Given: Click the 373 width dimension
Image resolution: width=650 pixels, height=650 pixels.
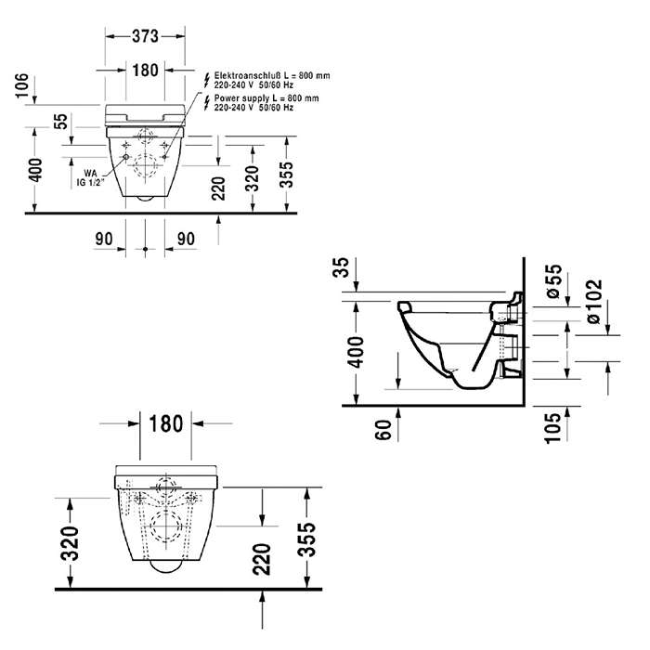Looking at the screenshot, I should coord(145,36).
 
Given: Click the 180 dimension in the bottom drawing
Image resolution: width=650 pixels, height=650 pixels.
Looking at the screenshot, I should coord(165,424).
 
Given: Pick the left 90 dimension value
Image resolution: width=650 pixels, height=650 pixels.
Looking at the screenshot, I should coord(104,240).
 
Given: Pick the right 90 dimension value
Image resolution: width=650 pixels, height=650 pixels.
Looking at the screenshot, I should coord(186,240).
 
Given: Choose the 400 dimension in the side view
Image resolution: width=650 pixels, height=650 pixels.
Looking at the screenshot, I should coord(357,351).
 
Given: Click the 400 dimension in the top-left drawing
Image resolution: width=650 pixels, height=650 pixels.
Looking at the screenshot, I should coord(34,171).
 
